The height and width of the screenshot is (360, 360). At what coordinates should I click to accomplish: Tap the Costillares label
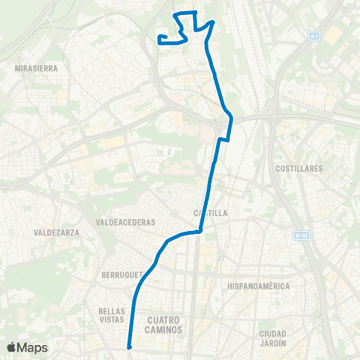(x=299, y=169)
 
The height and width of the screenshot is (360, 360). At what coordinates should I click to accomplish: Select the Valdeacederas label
(x=125, y=222)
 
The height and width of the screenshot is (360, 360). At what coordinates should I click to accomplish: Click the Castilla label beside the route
(x=210, y=213)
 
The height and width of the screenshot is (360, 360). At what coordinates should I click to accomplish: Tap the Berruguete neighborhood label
(x=120, y=275)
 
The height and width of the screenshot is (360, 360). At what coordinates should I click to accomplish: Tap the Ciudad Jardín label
(x=274, y=337)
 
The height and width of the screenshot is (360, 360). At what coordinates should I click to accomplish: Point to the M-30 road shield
(x=301, y=235)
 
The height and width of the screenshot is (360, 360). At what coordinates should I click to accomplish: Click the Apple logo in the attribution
(x=11, y=347)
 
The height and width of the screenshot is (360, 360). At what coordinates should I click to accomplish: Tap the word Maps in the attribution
(x=32, y=347)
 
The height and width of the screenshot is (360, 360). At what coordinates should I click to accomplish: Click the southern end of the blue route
(x=130, y=346)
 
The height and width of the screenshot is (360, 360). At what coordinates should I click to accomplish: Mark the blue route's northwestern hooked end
(x=160, y=37)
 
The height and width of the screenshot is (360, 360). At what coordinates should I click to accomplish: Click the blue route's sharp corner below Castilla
(x=199, y=232)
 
